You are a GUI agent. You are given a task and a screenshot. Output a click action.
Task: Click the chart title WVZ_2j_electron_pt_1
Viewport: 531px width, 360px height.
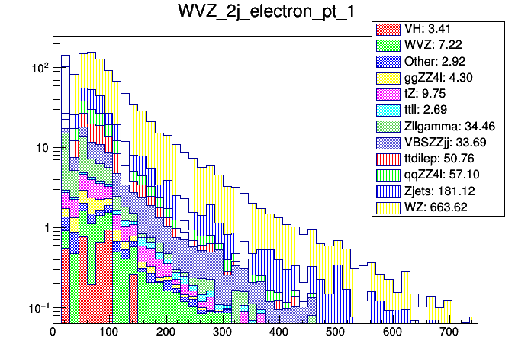pyautogui.click(x=265, y=13)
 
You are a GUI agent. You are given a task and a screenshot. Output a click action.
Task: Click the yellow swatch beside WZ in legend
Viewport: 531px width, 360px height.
pyautogui.click(x=388, y=207)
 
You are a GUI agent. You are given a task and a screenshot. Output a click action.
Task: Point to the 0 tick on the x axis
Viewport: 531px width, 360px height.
pyautogui.click(x=53, y=332)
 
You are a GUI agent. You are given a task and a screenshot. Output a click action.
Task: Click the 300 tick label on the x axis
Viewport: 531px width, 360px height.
pyautogui.click(x=222, y=332)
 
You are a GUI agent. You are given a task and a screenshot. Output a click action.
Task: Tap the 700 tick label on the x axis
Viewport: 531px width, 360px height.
pyautogui.click(x=449, y=332)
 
